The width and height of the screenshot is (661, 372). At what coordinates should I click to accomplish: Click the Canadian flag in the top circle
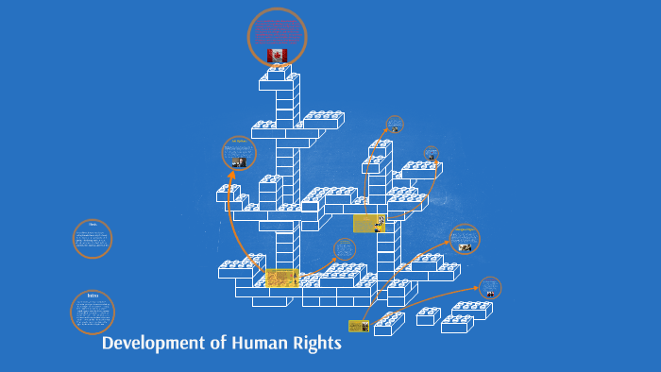[x=277, y=56]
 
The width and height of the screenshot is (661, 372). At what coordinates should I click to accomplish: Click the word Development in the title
[x=152, y=343]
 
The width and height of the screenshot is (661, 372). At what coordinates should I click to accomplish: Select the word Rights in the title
[x=318, y=343]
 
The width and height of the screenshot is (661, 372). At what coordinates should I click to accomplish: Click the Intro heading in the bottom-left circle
[x=93, y=296]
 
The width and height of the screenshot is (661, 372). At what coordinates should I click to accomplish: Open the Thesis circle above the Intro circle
[x=93, y=238]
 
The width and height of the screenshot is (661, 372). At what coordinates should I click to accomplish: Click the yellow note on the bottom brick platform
[x=281, y=278]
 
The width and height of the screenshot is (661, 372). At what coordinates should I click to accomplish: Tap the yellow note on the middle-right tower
[x=368, y=224]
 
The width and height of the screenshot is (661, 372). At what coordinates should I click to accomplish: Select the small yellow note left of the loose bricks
[x=358, y=326]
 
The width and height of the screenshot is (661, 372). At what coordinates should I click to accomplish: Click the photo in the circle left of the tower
[x=238, y=161]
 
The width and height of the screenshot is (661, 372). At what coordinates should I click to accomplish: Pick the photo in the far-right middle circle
[x=465, y=246]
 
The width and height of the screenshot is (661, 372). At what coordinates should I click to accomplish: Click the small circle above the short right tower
[x=394, y=125]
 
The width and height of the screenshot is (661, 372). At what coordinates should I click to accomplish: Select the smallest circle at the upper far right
[x=431, y=153]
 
